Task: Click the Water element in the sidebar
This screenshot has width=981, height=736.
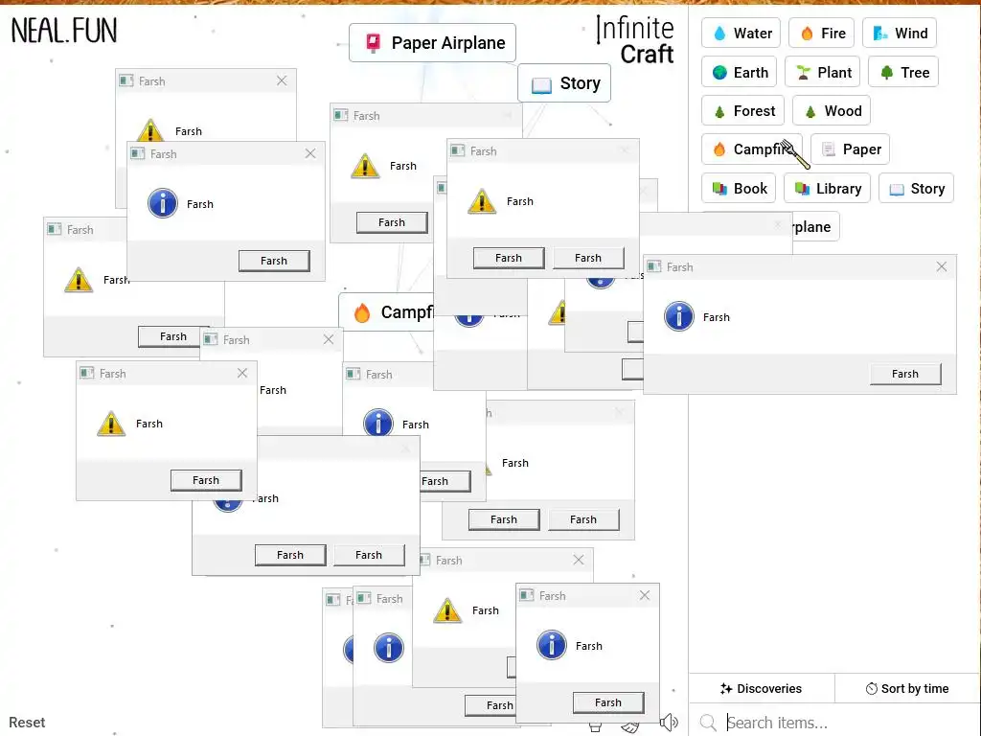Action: tap(741, 34)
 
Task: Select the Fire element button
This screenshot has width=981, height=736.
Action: tap(821, 34)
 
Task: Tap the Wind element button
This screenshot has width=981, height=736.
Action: tap(900, 34)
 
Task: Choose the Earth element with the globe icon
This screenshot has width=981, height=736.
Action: tap(741, 73)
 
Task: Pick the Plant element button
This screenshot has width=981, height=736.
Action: tap(823, 73)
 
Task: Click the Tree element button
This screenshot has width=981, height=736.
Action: tap(903, 73)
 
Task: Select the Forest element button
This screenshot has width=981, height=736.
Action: tap(743, 111)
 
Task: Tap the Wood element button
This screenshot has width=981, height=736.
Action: tap(832, 111)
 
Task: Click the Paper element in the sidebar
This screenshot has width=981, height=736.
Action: tap(851, 149)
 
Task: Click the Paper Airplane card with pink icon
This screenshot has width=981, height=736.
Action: tap(432, 43)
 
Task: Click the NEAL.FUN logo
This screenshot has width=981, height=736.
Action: tap(64, 31)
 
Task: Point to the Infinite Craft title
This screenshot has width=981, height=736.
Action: tap(635, 41)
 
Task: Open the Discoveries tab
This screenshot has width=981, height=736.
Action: tap(762, 688)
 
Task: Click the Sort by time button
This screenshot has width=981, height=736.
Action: tap(907, 688)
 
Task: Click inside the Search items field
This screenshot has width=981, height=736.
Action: tap(843, 723)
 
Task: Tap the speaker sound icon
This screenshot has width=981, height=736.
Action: tap(670, 723)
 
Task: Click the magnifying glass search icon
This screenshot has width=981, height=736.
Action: tap(708, 723)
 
